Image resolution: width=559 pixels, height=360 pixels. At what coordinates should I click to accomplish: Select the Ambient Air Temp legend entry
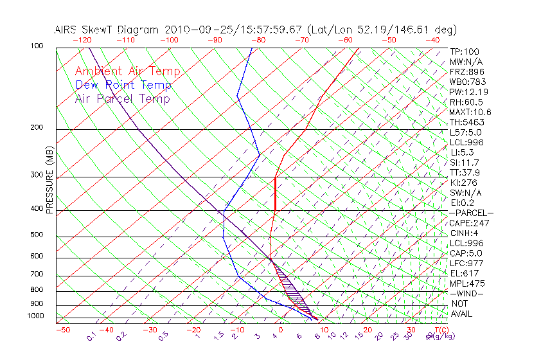[128, 71]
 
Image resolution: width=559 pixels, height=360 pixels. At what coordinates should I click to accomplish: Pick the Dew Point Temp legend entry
[123, 85]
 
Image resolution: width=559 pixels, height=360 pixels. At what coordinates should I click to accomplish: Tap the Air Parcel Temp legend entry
[123, 98]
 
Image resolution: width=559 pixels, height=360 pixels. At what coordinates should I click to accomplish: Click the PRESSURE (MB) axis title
[49, 179]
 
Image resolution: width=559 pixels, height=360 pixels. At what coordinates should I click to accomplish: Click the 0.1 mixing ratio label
[91, 336]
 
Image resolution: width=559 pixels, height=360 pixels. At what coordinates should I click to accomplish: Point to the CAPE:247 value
[469, 223]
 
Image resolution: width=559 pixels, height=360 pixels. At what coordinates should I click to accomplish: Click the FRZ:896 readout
[466, 71]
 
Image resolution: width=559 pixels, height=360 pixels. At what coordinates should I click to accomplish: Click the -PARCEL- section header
[471, 213]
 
